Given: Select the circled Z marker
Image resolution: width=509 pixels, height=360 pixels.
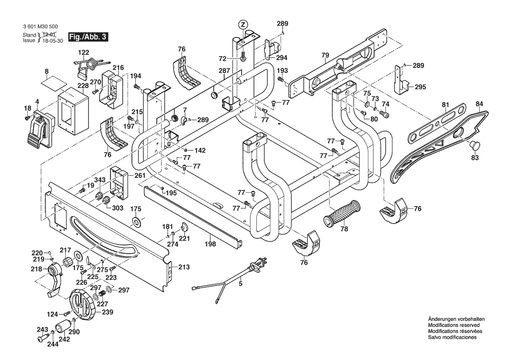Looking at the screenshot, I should tap(243, 24).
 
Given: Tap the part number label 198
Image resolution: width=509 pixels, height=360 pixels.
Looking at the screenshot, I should tap(210, 244).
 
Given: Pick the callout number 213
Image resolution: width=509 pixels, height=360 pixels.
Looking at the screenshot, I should tap(184, 267).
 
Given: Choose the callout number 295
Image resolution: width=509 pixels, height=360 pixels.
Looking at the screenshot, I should tap(420, 87).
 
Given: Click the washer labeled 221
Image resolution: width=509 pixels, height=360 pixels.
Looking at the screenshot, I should tap(184, 226).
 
